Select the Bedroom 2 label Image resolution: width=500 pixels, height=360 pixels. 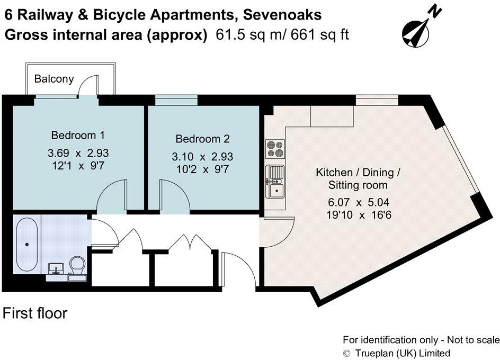[202, 139]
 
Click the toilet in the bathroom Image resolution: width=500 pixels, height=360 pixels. [77, 266]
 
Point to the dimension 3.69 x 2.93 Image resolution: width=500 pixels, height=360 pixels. [78, 154]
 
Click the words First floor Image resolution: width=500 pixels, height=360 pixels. [35, 313]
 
